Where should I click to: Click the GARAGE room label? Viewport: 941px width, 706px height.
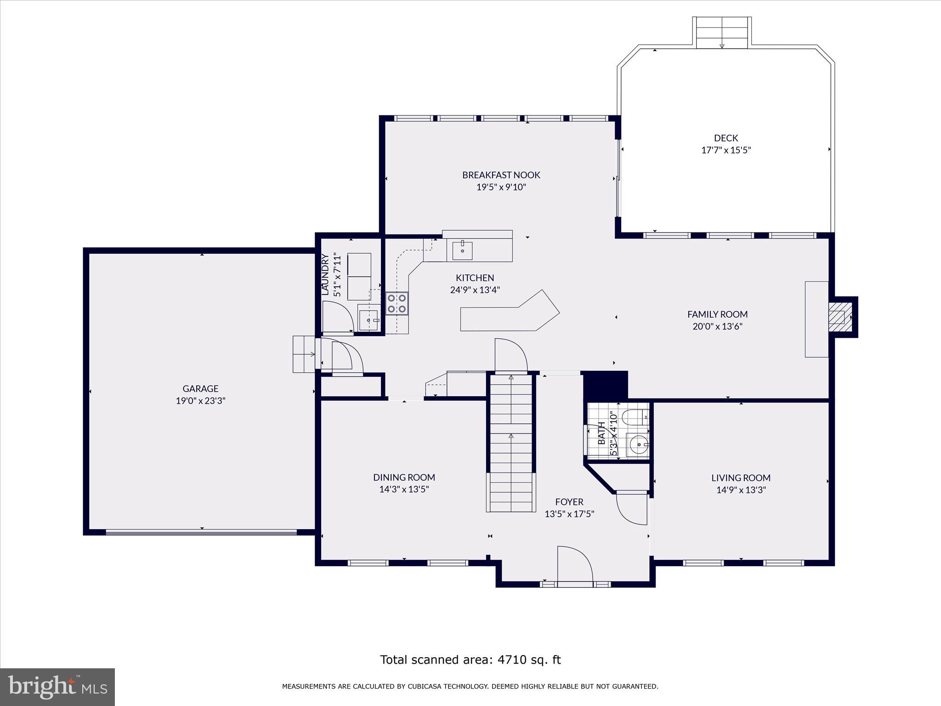click(x=200, y=388)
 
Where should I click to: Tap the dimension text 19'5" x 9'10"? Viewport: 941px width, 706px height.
click(x=501, y=187)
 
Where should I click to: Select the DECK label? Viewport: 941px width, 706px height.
click(x=726, y=138)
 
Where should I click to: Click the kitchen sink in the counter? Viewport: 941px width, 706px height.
click(x=462, y=251)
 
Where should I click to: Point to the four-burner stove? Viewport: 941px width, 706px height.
click(x=397, y=303)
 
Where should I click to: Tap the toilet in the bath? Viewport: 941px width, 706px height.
click(x=635, y=417)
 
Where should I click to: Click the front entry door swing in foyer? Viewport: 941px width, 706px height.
click(x=574, y=564)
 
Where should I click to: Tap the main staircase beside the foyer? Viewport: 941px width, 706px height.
click(x=511, y=444)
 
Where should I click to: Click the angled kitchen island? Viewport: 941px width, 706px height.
click(x=510, y=315)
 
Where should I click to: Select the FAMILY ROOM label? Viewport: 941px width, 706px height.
click(x=717, y=314)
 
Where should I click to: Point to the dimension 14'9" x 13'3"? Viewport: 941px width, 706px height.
click(x=741, y=490)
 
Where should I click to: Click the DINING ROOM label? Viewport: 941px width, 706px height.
click(x=404, y=478)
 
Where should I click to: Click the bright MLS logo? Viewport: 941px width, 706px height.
click(x=57, y=687)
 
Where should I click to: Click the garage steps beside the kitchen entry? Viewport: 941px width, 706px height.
click(x=304, y=354)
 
